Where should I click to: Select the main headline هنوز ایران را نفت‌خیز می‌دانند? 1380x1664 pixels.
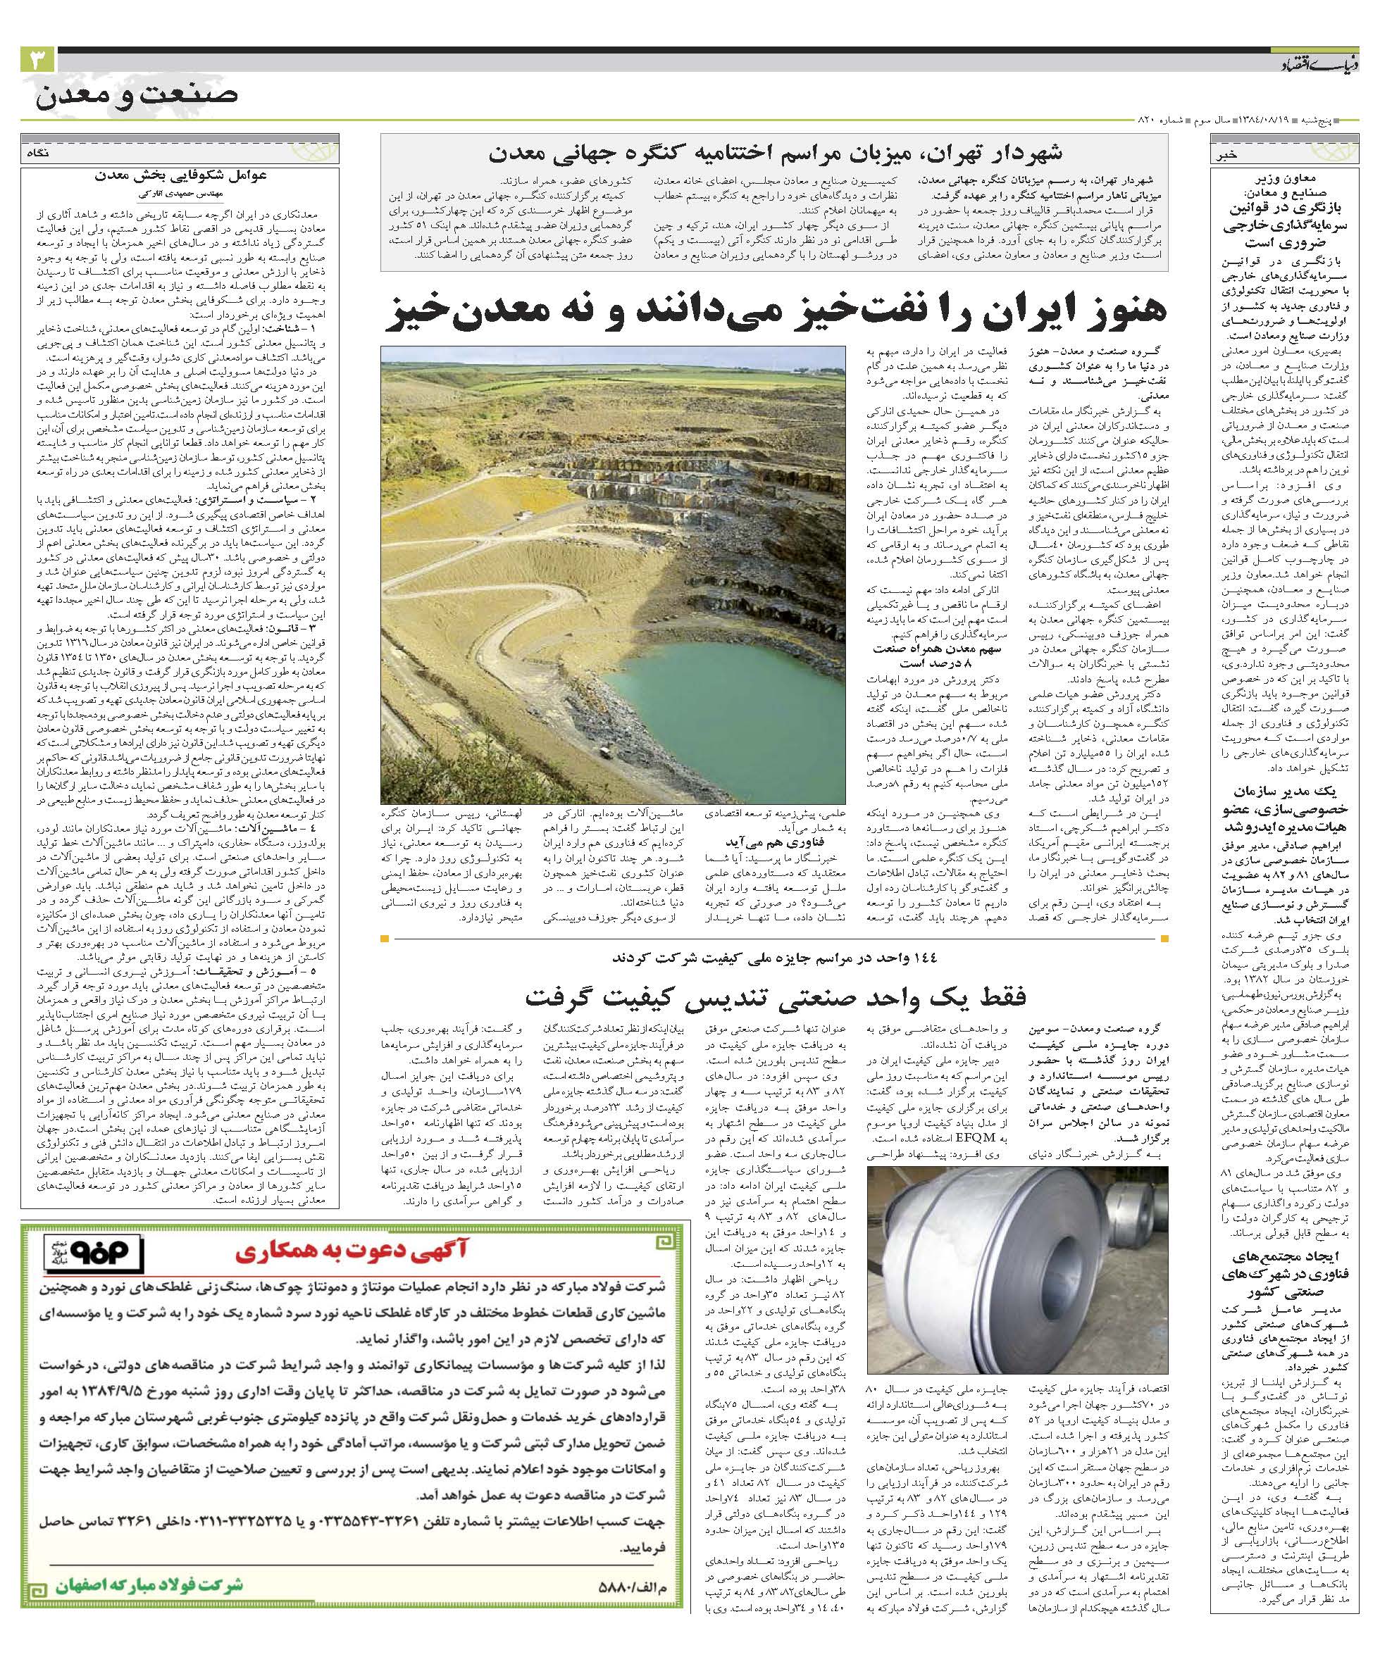point(775,311)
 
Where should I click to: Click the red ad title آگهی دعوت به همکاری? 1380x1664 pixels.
point(353,1253)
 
